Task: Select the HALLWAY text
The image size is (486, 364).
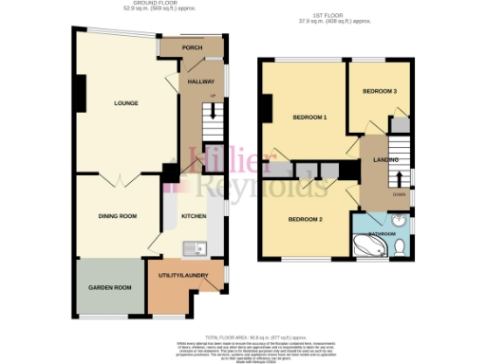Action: pos(199,82)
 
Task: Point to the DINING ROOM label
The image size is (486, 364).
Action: pos(117,216)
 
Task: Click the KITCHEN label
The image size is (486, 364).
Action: pos(194,216)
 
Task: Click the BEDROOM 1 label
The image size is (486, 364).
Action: pos(309,118)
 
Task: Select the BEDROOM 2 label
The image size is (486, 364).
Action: pos(306,220)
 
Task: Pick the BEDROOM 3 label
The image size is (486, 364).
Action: pos(380,91)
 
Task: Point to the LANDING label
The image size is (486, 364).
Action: pos(385,160)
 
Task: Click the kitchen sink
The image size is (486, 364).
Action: pos(196,247)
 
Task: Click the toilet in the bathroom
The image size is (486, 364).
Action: pos(401,246)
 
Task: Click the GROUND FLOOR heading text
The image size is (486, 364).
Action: pos(157,4)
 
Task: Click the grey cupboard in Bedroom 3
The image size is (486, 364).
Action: pos(400,124)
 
